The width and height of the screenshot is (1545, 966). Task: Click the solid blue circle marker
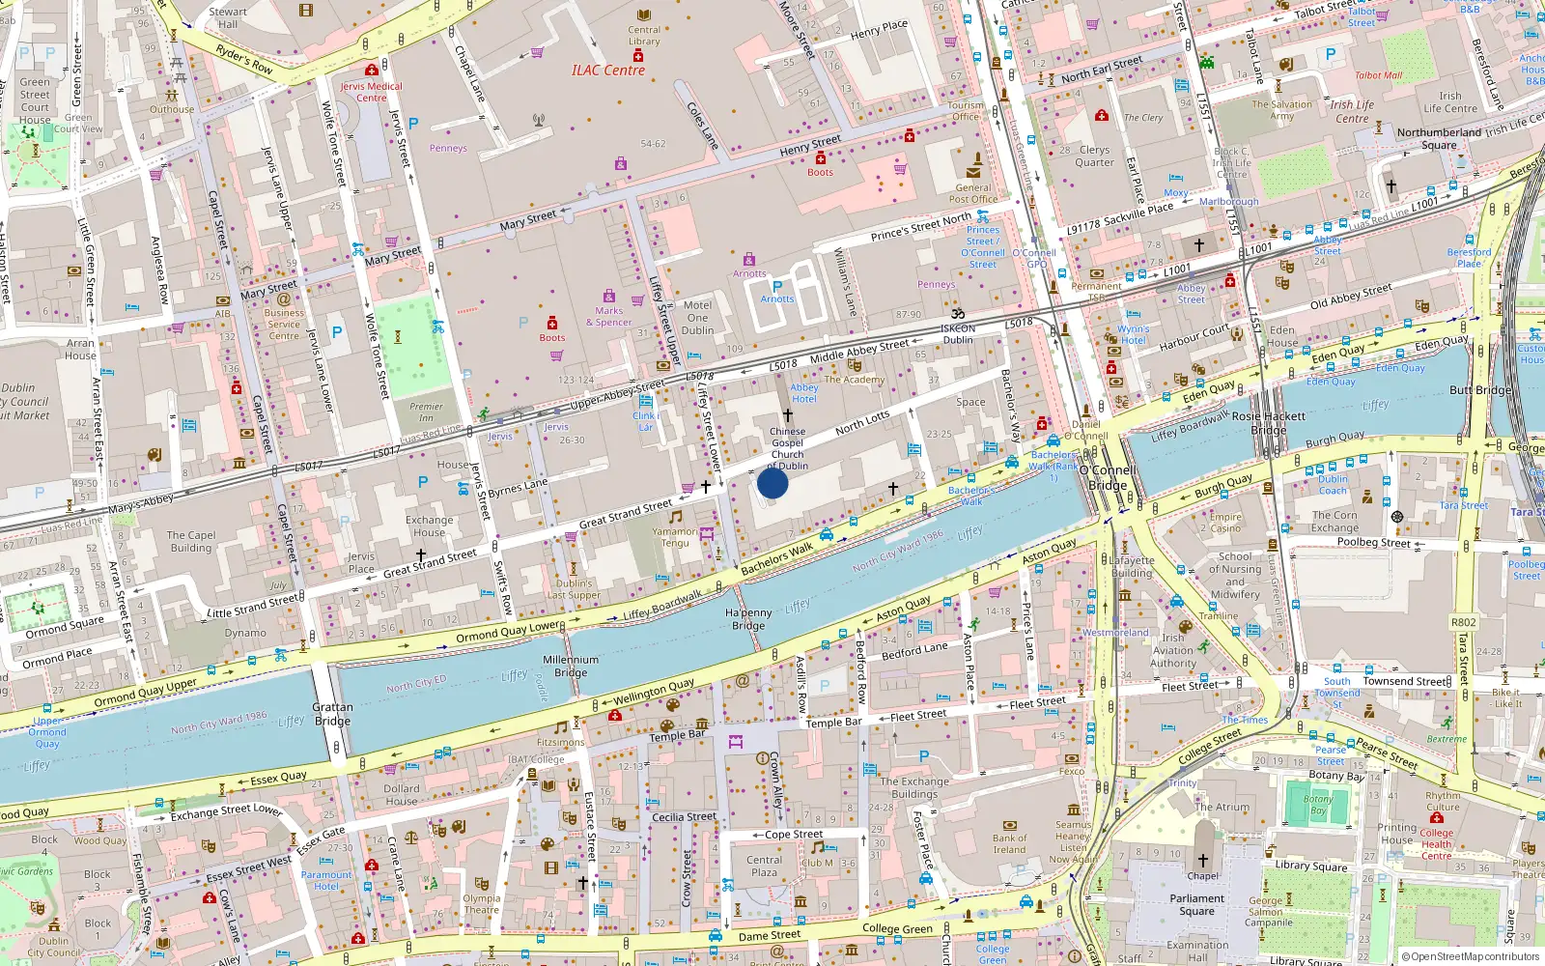[772, 482]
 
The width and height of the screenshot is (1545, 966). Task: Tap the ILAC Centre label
[607, 70]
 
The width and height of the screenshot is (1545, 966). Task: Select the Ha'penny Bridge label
[748, 619]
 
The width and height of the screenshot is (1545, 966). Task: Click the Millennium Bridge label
[571, 666]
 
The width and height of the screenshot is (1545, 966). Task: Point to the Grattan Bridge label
[332, 714]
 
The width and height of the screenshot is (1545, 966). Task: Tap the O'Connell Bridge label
[1109, 478]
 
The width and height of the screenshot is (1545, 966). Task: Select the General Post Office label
[973, 193]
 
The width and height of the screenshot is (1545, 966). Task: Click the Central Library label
[644, 36]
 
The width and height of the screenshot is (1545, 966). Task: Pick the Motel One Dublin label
[697, 318]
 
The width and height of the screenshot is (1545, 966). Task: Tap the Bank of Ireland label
[1009, 843]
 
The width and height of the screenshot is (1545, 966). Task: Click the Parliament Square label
[1196, 904]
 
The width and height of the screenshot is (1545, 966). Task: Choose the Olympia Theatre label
[481, 903]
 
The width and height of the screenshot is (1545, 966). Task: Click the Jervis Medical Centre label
[371, 92]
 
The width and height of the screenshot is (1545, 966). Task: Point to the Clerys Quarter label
[1094, 156]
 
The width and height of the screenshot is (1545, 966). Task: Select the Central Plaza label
[764, 866]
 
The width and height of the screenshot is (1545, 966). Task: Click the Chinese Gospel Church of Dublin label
[787, 448]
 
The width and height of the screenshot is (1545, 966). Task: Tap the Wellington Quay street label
[654, 692]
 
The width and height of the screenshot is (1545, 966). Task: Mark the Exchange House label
[429, 526]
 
